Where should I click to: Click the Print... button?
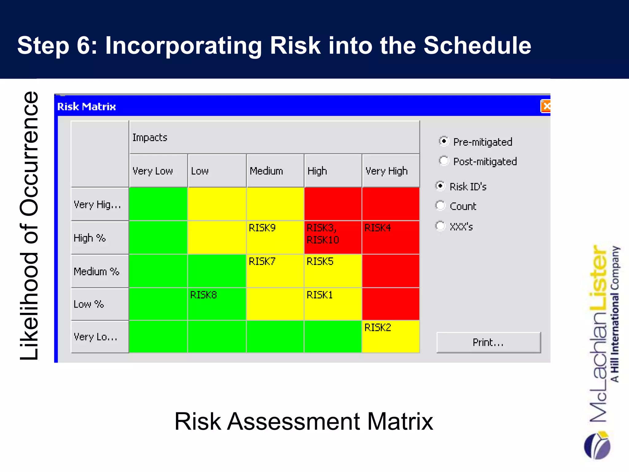coord(488,342)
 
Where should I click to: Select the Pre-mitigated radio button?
coord(444,141)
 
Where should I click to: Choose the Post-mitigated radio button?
coord(444,161)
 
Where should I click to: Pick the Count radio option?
coord(440,206)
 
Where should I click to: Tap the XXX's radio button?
coord(440,226)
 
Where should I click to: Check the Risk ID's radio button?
coord(440,186)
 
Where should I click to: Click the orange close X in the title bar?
coord(546,106)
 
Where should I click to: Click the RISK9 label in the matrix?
coord(262,228)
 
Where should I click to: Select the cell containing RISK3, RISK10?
coord(333,237)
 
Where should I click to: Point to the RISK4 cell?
coord(391,237)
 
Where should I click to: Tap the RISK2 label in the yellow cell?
coord(377,328)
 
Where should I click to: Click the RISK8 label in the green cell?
coord(203,295)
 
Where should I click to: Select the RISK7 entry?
coord(262,262)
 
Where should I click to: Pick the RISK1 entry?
coord(319,295)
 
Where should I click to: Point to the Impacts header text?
coord(150,137)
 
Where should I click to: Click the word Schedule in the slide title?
coord(477,45)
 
